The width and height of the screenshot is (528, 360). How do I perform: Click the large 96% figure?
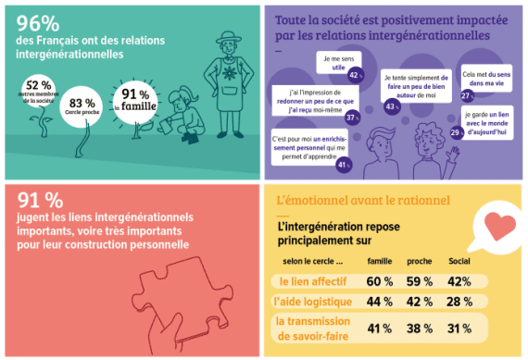[37, 22]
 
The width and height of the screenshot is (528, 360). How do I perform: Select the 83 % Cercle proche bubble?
[82, 106]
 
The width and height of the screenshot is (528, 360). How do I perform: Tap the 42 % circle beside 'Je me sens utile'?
[355, 74]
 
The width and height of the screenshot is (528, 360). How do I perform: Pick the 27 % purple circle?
[468, 94]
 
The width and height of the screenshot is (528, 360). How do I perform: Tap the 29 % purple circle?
[457, 133]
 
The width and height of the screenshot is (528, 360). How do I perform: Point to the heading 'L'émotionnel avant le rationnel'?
[362, 200]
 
